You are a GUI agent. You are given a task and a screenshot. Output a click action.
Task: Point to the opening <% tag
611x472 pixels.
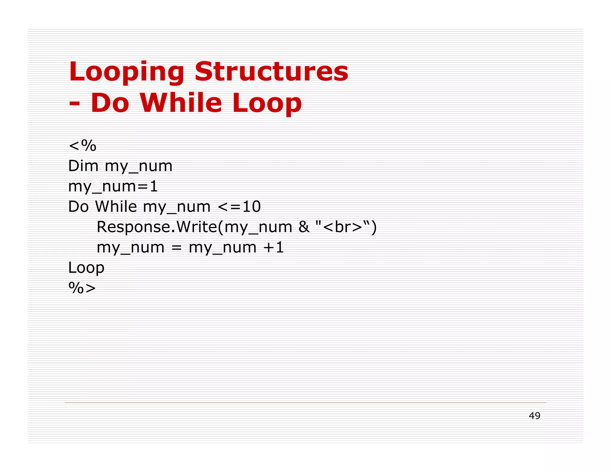[82, 146]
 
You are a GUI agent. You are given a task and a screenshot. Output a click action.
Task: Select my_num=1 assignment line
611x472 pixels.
[113, 186]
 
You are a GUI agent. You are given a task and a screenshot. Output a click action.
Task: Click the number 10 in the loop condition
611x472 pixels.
[252, 206]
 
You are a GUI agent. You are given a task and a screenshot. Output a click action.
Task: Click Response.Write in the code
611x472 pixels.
[157, 227]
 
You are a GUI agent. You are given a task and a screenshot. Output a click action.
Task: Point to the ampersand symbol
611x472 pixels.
[304, 227]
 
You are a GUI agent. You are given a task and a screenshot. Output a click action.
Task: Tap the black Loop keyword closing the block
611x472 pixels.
[86, 268]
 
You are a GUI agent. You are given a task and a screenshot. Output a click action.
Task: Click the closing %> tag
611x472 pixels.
[82, 288]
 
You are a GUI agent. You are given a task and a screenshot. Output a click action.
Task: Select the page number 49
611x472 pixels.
[534, 416]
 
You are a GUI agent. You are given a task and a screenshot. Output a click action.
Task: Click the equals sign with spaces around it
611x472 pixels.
[177, 248]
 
